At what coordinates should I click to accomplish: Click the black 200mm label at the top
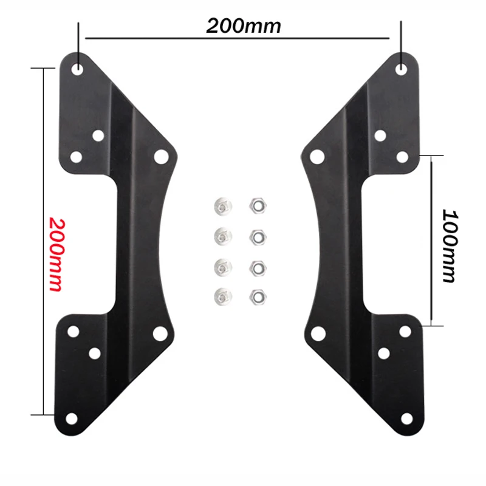pyautogui.click(x=244, y=26)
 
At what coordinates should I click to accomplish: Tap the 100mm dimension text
pyautogui.click(x=449, y=246)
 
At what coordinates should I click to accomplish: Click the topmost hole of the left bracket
pyautogui.click(x=78, y=69)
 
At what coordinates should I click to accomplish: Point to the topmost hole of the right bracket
pyautogui.click(x=401, y=69)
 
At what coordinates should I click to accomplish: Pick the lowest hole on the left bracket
pyautogui.click(x=72, y=417)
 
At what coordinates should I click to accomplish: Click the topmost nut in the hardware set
pyautogui.click(x=256, y=205)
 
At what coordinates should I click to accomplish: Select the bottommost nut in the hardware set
pyautogui.click(x=256, y=296)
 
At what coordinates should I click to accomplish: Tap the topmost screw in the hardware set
pyautogui.click(x=222, y=205)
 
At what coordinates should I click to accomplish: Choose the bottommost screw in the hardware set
pyautogui.click(x=222, y=296)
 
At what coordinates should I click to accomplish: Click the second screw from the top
pyautogui.click(x=222, y=235)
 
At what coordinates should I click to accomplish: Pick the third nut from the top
pyautogui.click(x=256, y=266)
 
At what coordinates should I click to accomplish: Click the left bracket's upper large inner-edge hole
pyautogui.click(x=160, y=156)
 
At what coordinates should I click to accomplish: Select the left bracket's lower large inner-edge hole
pyautogui.click(x=160, y=332)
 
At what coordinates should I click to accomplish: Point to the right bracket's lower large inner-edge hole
pyautogui.click(x=317, y=332)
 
